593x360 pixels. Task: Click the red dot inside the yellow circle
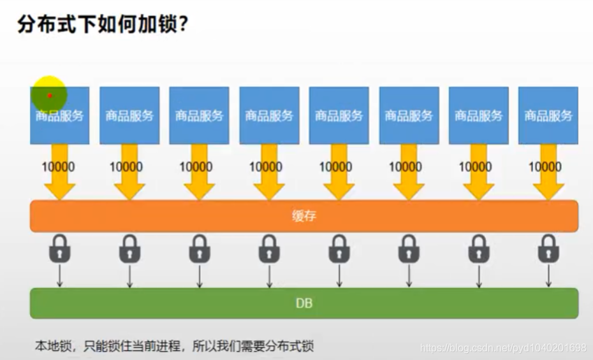click(x=50, y=96)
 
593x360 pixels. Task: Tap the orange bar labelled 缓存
click(x=304, y=216)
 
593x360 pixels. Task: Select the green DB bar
click(x=304, y=303)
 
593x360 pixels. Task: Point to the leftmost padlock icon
click(x=60, y=249)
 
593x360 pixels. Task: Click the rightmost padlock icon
click(x=548, y=249)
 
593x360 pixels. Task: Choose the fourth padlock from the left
click(x=269, y=249)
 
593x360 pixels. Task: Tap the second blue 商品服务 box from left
click(x=129, y=115)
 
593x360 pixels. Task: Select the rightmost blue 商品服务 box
click(x=548, y=115)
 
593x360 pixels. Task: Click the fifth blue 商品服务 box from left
click(x=339, y=115)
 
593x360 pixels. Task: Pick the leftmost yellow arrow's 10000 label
click(x=58, y=167)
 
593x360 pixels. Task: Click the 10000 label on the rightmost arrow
click(x=545, y=167)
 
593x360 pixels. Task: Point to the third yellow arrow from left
click(x=199, y=182)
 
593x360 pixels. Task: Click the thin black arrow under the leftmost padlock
click(x=60, y=275)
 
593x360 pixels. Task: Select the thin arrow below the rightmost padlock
click(x=548, y=275)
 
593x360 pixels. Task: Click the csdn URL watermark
click(x=503, y=348)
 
